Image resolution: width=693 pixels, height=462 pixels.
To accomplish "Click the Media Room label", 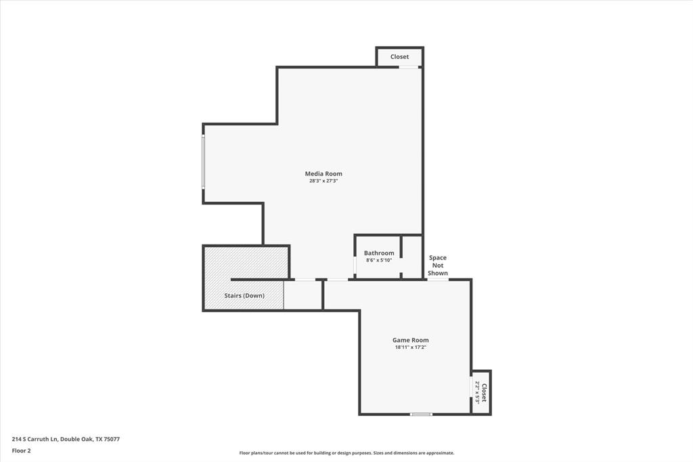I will pos(323,174).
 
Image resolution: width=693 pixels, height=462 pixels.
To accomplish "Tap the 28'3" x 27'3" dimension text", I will pos(323,181).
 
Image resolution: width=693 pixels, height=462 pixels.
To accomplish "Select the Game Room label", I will pos(410,340).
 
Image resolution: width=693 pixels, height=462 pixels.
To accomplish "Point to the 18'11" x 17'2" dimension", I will pos(410,347).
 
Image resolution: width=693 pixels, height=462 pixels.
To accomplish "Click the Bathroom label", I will pos(378,253).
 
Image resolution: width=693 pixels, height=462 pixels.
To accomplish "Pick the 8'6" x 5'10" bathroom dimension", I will pos(378,260).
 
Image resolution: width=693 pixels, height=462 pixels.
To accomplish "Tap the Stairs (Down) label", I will pos(244,295).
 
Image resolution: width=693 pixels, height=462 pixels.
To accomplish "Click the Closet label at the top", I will pos(399,57).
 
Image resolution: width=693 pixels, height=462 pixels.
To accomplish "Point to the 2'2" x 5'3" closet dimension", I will pos(477,393).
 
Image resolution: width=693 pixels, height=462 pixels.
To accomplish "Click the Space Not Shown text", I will pos(437,265).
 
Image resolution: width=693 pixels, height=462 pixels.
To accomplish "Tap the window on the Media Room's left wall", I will pos(203,163).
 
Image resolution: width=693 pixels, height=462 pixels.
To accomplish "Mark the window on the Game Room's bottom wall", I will pos(421,414).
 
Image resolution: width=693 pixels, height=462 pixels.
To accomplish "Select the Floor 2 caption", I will pos(22,450).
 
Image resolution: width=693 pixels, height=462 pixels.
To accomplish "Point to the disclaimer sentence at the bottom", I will pos(346,453).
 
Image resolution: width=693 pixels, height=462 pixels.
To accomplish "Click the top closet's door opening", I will pos(408,66).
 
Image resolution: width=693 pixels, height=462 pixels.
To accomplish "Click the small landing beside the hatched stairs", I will pos(303,295).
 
